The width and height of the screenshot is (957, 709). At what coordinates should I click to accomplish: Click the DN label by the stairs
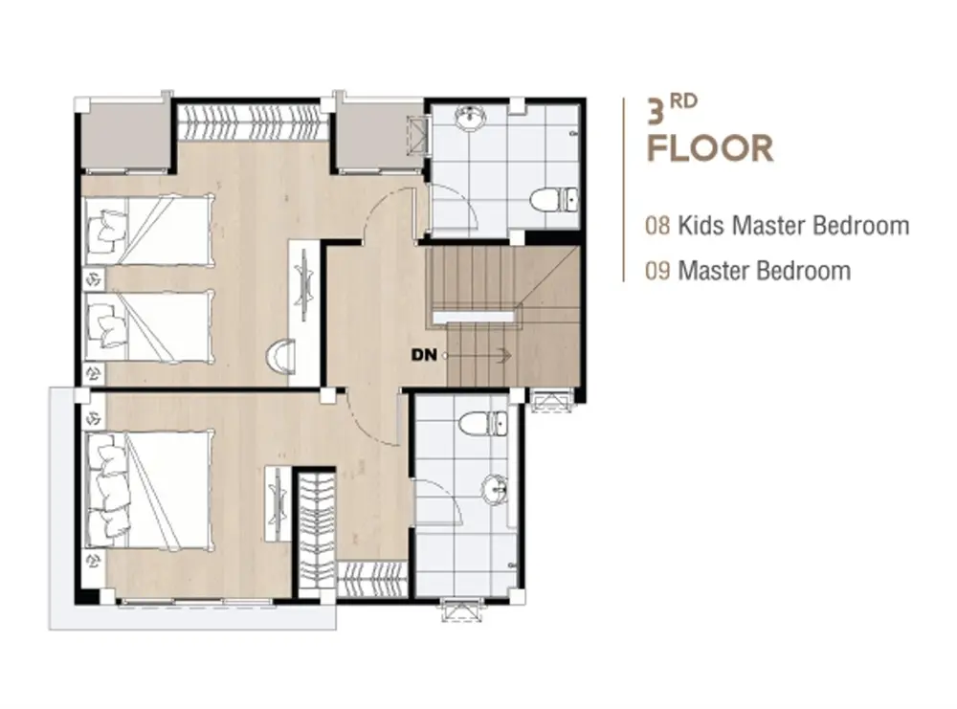click(x=424, y=354)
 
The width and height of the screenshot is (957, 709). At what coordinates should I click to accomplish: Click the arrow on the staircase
click(x=478, y=354)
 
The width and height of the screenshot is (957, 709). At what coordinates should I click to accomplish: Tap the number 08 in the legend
click(x=658, y=226)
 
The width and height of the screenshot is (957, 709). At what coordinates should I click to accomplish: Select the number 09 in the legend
click(x=658, y=270)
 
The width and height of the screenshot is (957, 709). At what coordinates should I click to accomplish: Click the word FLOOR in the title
click(x=710, y=148)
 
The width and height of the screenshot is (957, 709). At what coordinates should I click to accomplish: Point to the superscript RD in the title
click(x=683, y=101)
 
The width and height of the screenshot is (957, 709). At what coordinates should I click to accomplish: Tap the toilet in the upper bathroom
click(x=553, y=200)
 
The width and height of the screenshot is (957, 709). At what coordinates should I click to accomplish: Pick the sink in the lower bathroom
click(x=495, y=490)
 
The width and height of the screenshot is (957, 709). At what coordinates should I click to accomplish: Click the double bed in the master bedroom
click(x=149, y=489)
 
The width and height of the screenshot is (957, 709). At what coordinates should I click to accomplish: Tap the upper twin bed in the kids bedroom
click(x=149, y=230)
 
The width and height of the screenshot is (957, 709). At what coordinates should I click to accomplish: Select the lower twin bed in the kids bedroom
click(x=149, y=326)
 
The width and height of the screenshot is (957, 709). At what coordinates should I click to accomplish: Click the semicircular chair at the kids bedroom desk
click(x=282, y=356)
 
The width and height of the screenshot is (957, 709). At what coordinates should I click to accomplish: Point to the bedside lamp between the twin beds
click(x=94, y=279)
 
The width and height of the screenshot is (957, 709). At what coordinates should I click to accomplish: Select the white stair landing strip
click(x=474, y=316)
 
